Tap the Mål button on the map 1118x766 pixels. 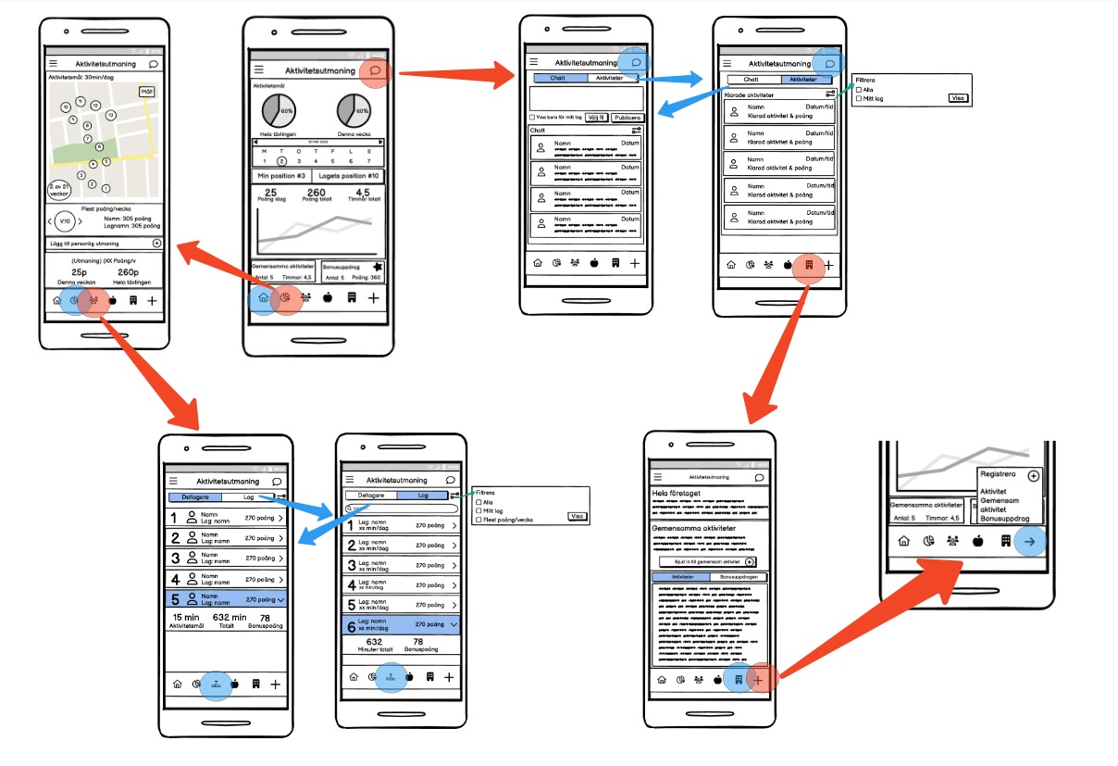tap(147, 91)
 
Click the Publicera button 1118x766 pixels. tap(627, 118)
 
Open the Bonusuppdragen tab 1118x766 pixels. tap(738, 576)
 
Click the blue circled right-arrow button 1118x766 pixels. tap(1030, 541)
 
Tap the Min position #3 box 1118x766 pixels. tap(280, 176)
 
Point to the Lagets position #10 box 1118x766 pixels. tap(347, 176)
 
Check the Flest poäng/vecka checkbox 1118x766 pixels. tap(478, 520)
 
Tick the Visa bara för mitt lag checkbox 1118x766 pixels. tap(531, 118)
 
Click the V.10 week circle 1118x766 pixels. tap(64, 221)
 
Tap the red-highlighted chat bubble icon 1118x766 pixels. tap(375, 70)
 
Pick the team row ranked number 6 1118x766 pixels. tap(402, 625)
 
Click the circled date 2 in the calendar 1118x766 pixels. tap(282, 161)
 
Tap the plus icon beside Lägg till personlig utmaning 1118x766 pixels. tap(156, 243)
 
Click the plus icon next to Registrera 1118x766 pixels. tap(1033, 475)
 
